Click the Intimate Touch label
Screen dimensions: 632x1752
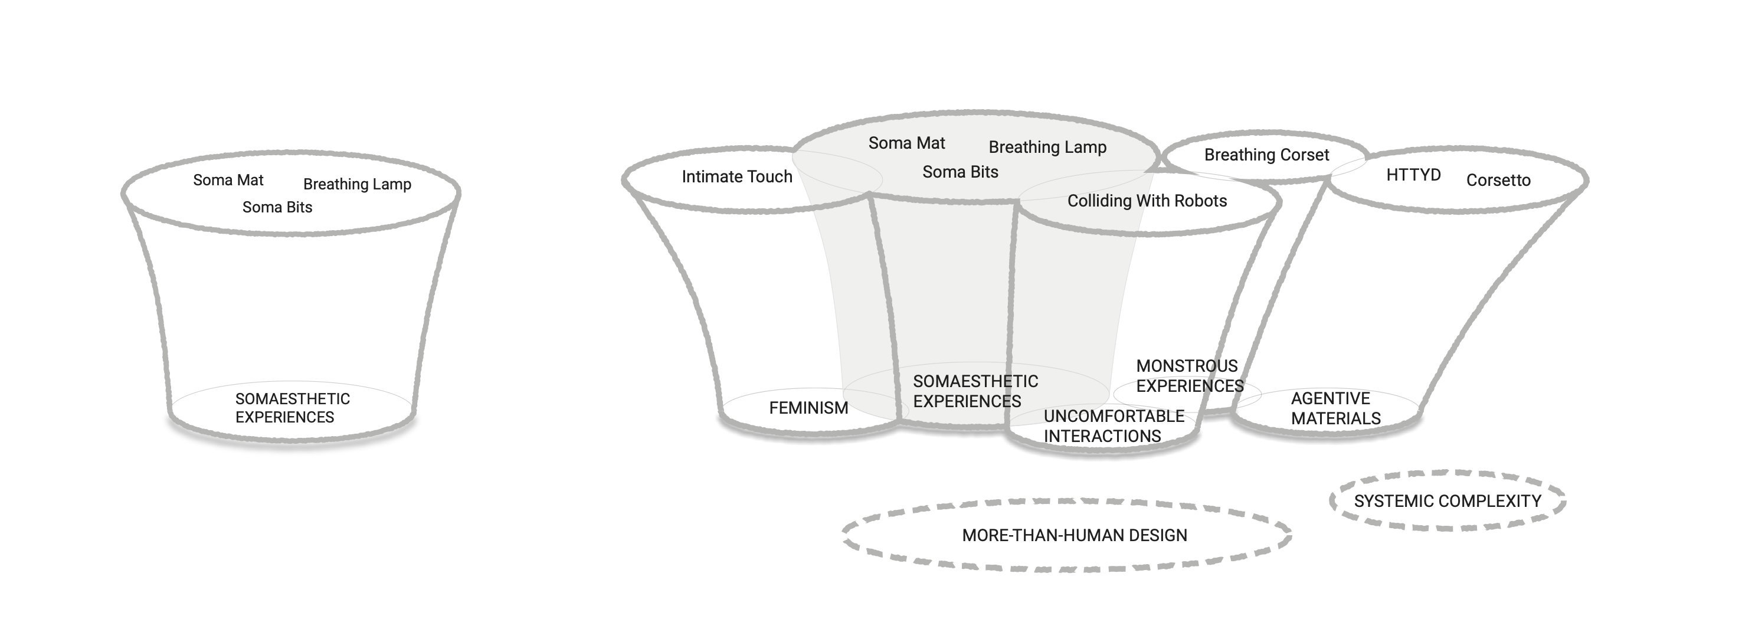tap(736, 177)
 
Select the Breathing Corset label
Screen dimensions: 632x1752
tap(1266, 155)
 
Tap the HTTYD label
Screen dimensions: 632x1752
tap(1413, 175)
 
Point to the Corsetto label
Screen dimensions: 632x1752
tap(1498, 181)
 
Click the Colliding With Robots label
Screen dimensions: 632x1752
tap(1147, 201)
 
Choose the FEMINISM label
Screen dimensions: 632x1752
tap(808, 408)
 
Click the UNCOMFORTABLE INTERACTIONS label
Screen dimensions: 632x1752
tap(1114, 426)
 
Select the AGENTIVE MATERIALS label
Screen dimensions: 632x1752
tap(1335, 408)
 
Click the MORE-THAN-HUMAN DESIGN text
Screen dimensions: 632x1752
tap(1074, 535)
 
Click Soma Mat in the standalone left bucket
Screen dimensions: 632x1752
tap(228, 181)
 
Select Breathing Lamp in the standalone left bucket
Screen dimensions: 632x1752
tap(357, 184)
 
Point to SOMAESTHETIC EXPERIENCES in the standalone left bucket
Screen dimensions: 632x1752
tap(292, 408)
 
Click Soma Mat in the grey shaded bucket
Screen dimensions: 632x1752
tap(906, 143)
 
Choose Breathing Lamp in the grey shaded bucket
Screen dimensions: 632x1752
tap(1047, 148)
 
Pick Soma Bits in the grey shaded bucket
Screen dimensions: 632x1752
tap(959, 172)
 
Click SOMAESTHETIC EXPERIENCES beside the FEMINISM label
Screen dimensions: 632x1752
tap(975, 391)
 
